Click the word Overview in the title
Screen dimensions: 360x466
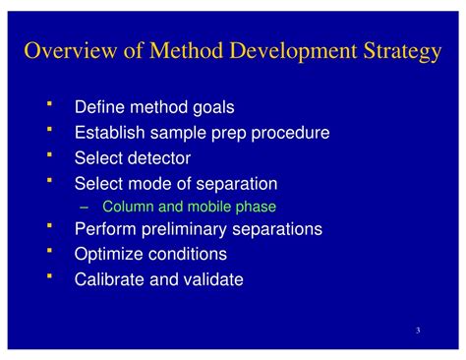tap(64, 51)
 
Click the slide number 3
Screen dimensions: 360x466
tap(418, 330)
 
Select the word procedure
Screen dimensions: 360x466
tap(291, 132)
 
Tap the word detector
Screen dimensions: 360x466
tap(155, 157)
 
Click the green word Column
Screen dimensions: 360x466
tap(125, 207)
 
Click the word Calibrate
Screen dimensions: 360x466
tap(107, 279)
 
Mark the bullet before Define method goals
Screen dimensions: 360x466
tap(49, 104)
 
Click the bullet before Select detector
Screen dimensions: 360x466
tap(49, 154)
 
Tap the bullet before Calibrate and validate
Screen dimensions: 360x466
tap(49, 276)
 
